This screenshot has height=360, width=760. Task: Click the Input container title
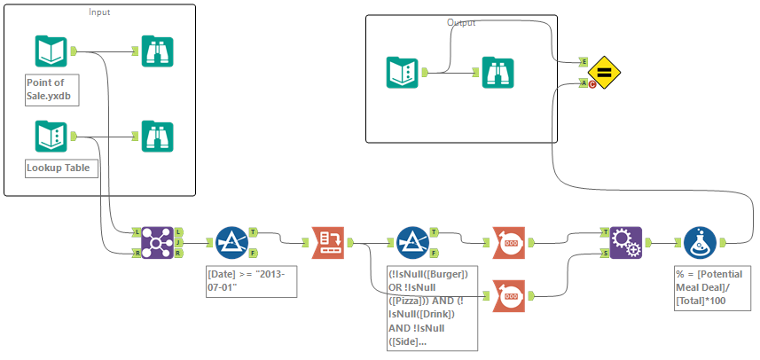coord(99,12)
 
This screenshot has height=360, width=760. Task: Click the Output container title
coord(461,22)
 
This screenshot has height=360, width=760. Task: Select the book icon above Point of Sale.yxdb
coord(51,51)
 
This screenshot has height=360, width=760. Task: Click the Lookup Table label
coord(58,167)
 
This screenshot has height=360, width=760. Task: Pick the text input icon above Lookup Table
coord(51,137)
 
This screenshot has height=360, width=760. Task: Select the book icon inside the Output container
coord(404,73)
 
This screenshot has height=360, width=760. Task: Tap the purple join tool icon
coord(156,241)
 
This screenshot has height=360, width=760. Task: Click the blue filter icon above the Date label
coord(232,241)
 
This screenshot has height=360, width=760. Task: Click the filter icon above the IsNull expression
coord(412,241)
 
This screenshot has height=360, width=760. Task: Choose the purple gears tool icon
coord(626,241)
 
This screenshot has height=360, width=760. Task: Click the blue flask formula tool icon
coord(701,241)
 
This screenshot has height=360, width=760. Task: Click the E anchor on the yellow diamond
coord(583,61)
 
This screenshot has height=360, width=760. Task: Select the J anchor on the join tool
coord(178,241)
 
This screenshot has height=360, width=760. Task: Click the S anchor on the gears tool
coord(606,253)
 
